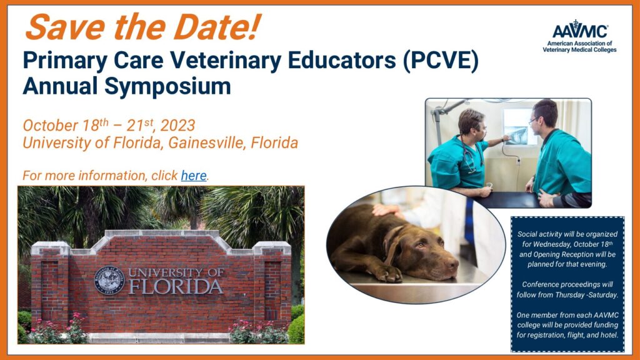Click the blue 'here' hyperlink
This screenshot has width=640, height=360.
click(194, 176)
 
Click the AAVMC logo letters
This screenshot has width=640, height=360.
click(580, 30)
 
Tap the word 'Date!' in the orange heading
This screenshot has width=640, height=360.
click(217, 27)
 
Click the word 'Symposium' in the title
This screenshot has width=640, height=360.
click(167, 87)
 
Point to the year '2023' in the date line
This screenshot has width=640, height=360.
click(177, 125)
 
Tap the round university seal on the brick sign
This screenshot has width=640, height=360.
click(109, 281)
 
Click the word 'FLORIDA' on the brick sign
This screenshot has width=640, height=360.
click(176, 286)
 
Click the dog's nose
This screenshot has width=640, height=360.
click(452, 264)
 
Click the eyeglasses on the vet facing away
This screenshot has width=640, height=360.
click(532, 121)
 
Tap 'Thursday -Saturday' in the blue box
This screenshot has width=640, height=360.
click(587, 295)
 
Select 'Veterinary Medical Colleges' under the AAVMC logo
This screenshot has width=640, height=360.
click(579, 50)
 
